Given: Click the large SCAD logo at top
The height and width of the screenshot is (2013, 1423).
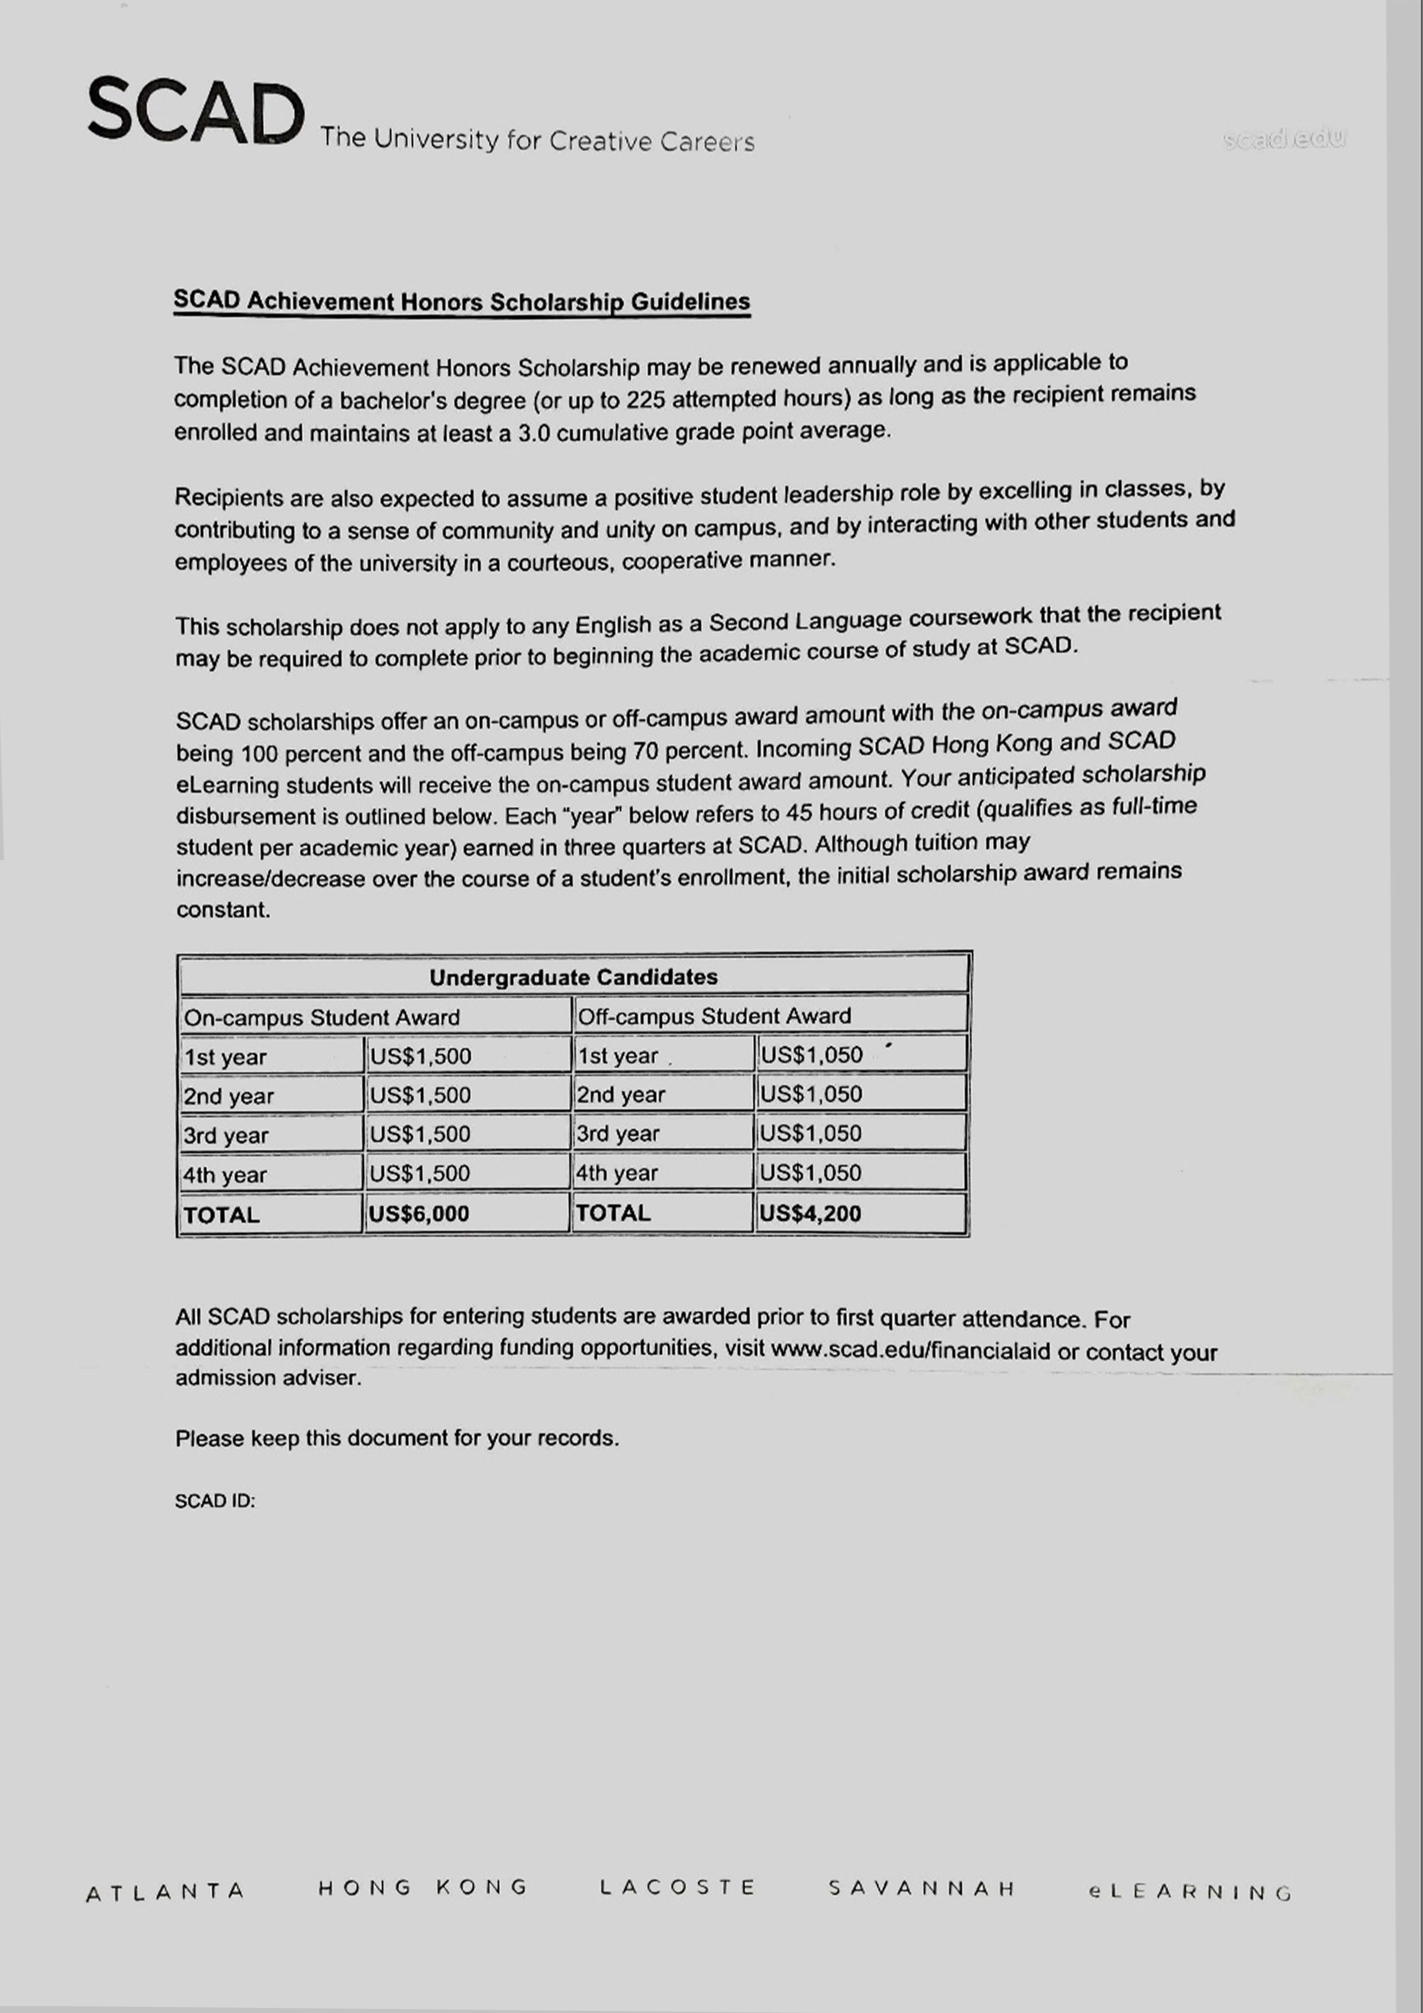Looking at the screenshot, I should pyautogui.click(x=196, y=112).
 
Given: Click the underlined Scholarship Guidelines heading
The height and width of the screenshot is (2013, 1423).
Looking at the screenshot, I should pyautogui.click(x=461, y=302).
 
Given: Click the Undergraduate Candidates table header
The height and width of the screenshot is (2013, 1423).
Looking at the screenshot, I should pyautogui.click(x=573, y=977).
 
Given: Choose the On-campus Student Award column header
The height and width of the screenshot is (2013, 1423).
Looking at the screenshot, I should pyautogui.click(x=322, y=1017).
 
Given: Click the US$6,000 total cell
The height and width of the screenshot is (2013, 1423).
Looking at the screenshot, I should pyautogui.click(x=419, y=1214).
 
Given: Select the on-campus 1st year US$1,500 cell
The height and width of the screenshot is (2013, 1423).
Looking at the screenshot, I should pyautogui.click(x=421, y=1056).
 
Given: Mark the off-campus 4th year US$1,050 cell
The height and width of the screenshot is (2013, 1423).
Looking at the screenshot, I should pyautogui.click(x=810, y=1172).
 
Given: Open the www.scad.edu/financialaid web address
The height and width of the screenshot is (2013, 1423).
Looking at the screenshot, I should pyautogui.click(x=910, y=1349).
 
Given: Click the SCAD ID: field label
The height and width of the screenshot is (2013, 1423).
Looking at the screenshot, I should pyautogui.click(x=215, y=1501).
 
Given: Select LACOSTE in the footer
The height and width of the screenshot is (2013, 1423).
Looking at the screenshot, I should pyautogui.click(x=677, y=1888).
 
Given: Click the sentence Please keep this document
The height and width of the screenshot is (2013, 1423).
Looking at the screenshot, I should pyautogui.click(x=396, y=1439).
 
